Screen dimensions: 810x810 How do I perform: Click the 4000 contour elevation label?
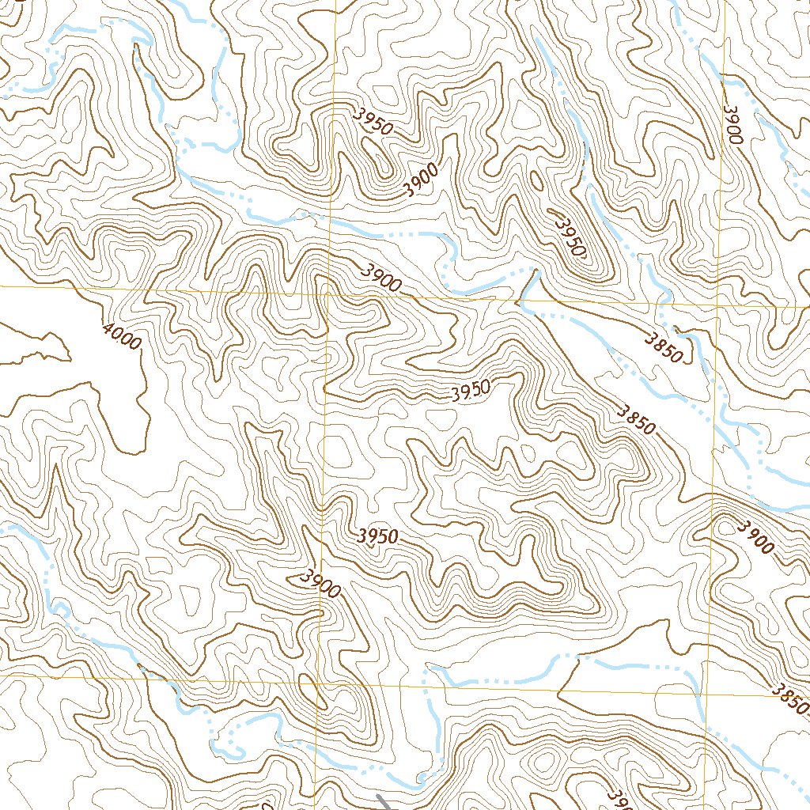pyautogui.click(x=122, y=337)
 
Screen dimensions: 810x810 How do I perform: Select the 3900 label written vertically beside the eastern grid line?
pyautogui.click(x=732, y=123)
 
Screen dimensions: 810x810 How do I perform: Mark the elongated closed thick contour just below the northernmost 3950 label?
pyautogui.click(x=378, y=154)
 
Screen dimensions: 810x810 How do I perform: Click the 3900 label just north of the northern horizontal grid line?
pyautogui.click(x=381, y=277)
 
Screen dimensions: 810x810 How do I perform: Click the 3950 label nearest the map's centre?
pyautogui.click(x=471, y=392)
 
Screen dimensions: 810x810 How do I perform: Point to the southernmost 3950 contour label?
pyautogui.click(x=377, y=536)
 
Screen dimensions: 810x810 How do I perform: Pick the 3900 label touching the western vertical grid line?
pyautogui.click(x=320, y=584)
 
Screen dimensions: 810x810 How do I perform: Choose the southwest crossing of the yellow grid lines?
pyautogui.click(x=319, y=681)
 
